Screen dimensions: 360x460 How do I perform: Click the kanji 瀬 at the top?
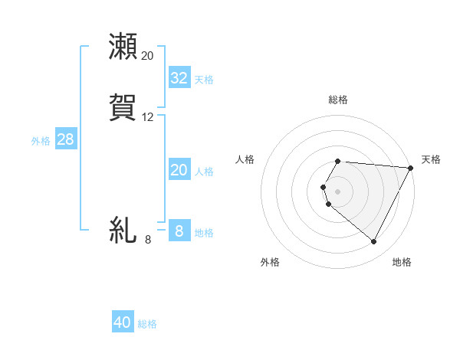pos(123,46)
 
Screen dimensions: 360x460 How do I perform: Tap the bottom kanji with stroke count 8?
pos(123,230)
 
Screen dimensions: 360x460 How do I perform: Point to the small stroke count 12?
pos(148,117)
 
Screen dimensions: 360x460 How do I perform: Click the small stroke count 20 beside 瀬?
pos(148,56)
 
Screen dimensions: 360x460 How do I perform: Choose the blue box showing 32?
pos(179,77)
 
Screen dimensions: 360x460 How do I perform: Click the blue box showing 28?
pos(65,139)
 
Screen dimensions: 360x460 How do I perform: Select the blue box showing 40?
pos(123,322)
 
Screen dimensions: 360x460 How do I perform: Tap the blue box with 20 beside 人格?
pos(179,170)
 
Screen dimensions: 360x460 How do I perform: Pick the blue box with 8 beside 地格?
pos(179,231)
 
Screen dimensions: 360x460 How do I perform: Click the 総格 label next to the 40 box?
pos(147,324)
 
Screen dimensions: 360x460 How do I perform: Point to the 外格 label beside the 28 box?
pos(40,141)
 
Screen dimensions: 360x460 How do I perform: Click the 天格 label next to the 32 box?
pos(204,79)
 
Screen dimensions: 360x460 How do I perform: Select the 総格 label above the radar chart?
pos(338,100)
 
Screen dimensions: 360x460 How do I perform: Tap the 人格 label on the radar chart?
pos(245,159)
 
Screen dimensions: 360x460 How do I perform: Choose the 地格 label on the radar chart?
pos(402,262)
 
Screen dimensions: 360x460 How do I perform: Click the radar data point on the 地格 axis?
pos(374,242)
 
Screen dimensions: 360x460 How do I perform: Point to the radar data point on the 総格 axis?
pos(338,161)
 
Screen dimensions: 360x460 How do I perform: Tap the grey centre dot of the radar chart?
pos(338,191)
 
